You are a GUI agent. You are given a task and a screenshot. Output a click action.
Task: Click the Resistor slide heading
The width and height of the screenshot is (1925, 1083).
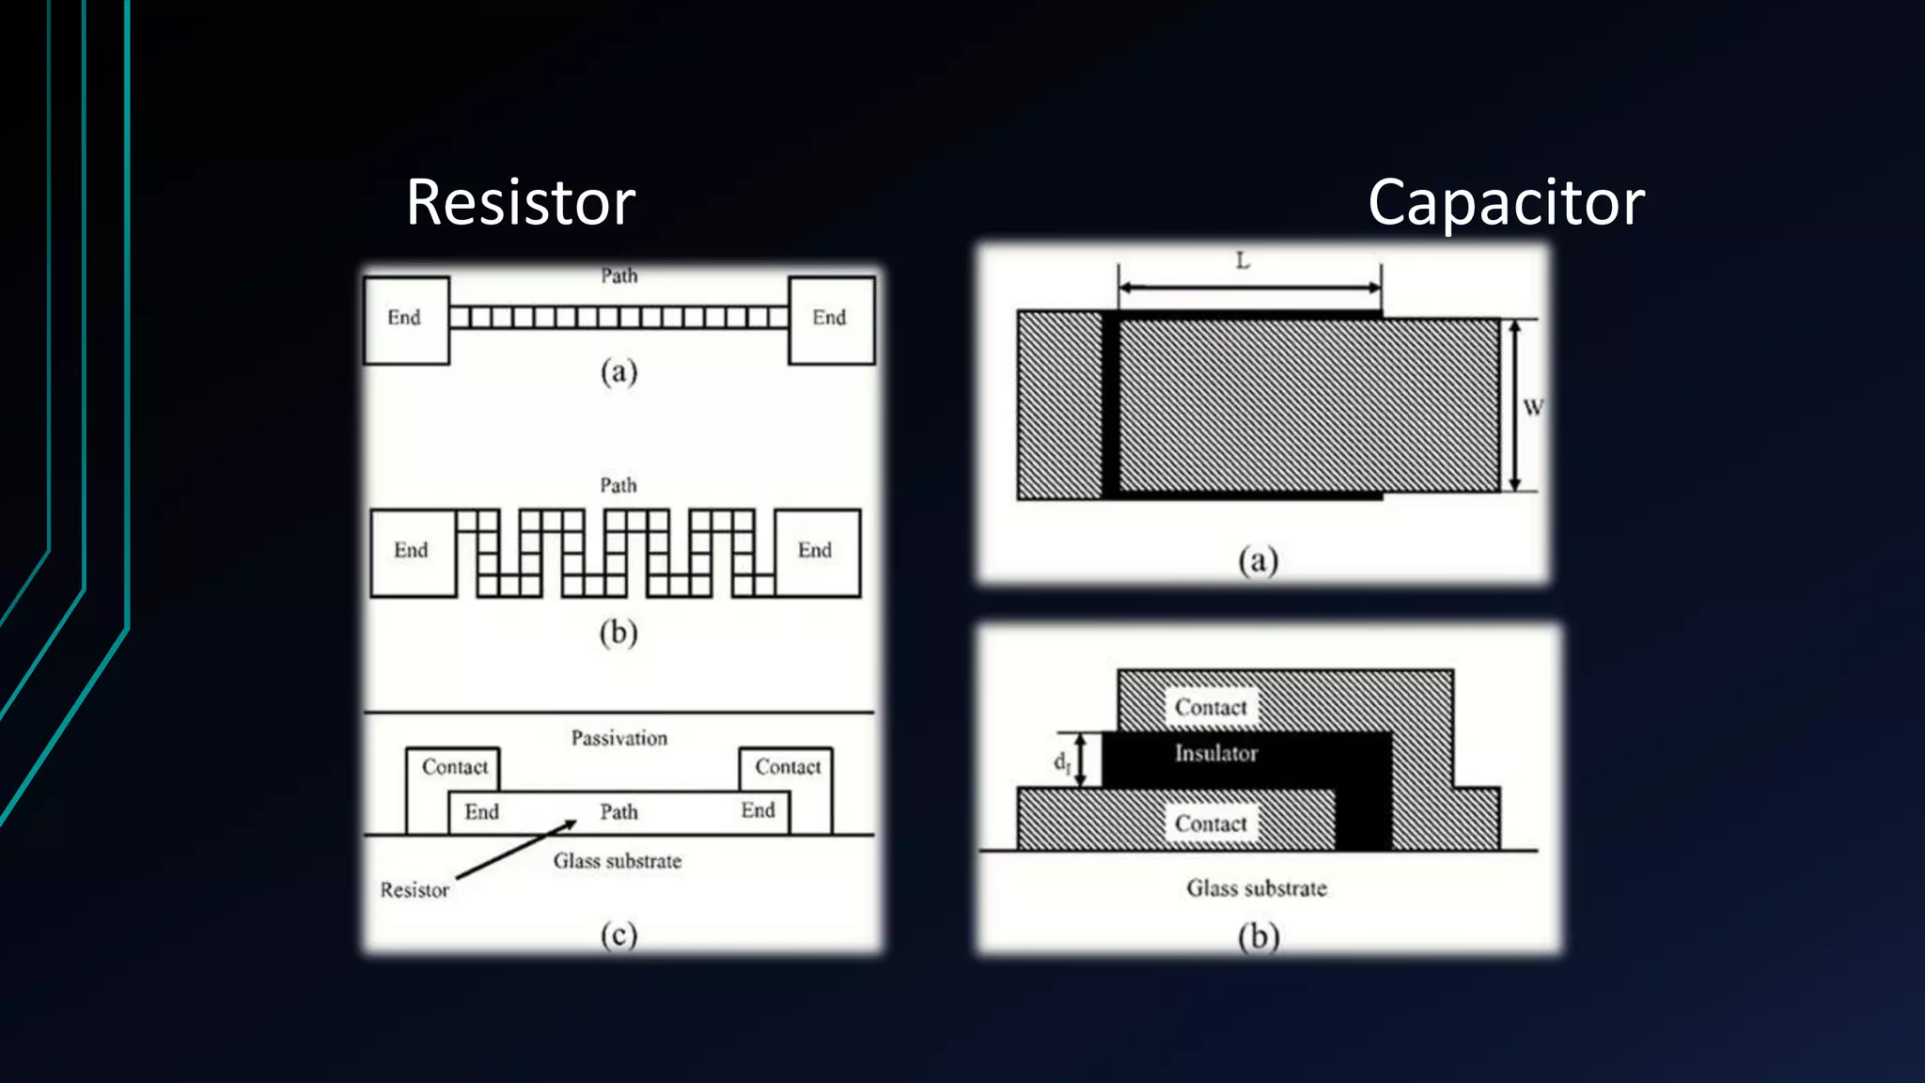click(520, 202)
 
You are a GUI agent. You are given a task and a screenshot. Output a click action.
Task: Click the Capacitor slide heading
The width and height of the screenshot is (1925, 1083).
click(1506, 202)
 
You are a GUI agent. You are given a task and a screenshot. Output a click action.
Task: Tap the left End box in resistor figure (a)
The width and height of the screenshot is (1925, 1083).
click(406, 320)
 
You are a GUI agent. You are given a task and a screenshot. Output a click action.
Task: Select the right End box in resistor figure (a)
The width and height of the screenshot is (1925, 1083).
click(831, 320)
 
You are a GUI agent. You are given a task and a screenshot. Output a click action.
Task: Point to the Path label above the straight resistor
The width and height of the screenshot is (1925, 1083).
click(619, 275)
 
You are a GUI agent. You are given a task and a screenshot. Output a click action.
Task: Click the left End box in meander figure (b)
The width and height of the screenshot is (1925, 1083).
click(413, 552)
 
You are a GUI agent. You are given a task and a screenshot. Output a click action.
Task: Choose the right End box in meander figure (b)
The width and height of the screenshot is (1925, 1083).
click(816, 552)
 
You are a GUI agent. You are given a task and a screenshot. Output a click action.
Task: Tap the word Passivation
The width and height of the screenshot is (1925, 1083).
click(619, 738)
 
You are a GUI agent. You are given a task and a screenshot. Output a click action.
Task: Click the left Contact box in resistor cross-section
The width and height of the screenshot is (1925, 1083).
click(454, 767)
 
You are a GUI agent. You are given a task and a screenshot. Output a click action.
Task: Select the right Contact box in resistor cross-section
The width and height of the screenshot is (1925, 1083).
click(788, 767)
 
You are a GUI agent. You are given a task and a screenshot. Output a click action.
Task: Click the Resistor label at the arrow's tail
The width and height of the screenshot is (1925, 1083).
click(415, 890)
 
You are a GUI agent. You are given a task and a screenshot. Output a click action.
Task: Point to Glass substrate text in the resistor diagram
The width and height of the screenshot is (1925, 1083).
click(618, 861)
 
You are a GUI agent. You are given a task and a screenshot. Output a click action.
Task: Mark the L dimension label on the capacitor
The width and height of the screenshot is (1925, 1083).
click(1243, 261)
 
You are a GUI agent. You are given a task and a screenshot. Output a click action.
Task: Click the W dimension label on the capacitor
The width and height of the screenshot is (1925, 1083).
click(1532, 407)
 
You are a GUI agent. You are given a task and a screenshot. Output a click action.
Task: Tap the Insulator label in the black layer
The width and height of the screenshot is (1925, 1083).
click(1216, 753)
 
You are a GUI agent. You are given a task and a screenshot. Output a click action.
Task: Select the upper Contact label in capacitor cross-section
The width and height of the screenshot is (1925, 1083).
click(1211, 707)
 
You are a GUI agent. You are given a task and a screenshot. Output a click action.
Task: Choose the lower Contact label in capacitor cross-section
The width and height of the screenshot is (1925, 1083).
click(1211, 824)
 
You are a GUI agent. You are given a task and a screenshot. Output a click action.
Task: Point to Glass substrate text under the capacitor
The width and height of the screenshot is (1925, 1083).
click(1257, 888)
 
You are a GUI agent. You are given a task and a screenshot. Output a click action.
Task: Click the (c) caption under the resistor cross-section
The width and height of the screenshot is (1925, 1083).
click(618, 934)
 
